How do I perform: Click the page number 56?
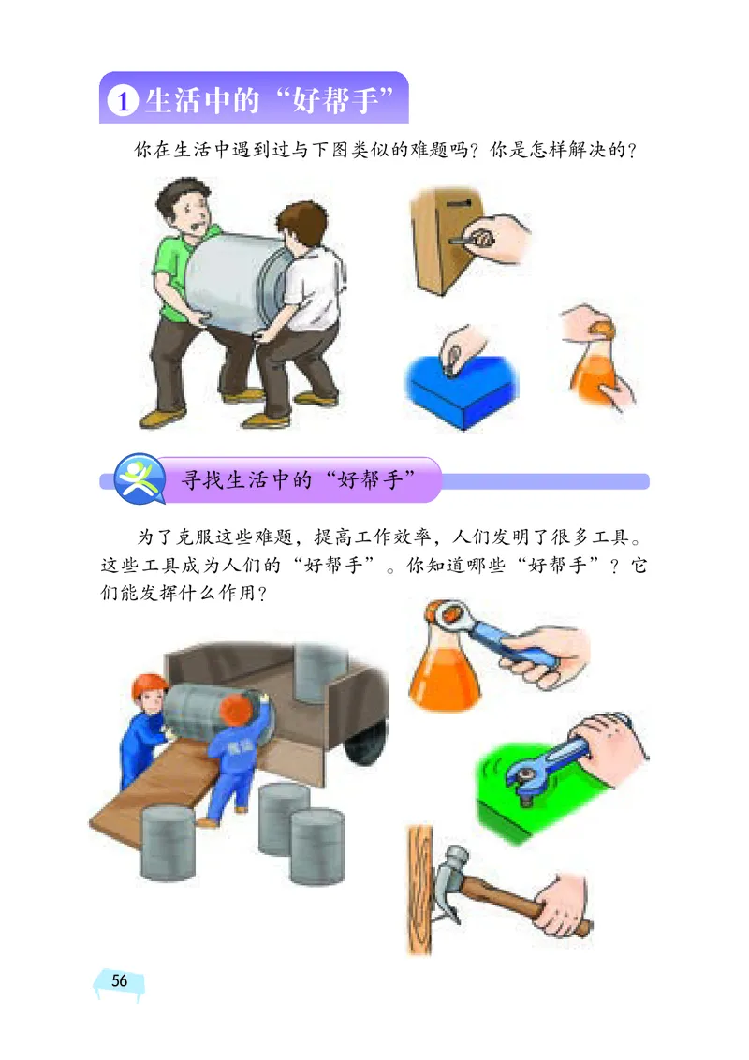119,980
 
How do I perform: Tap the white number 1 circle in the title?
122,101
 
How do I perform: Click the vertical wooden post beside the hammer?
418,890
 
